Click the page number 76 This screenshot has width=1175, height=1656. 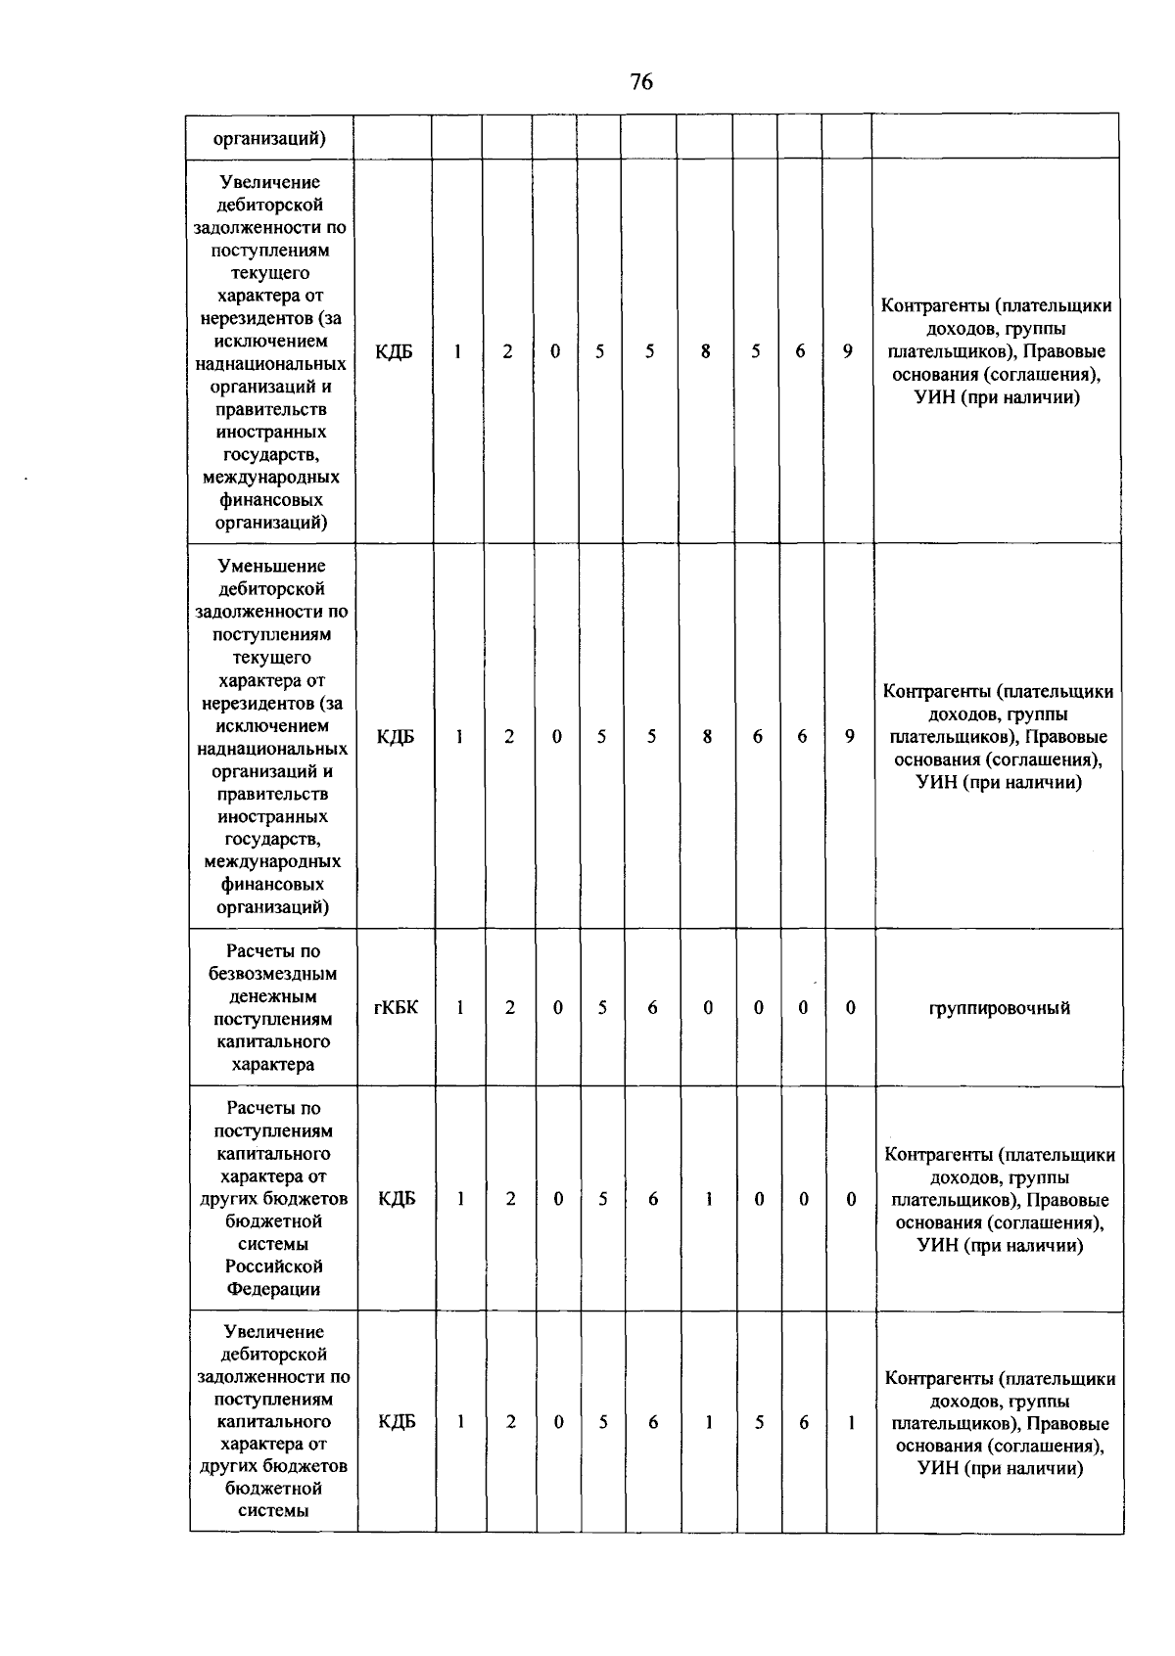(x=641, y=82)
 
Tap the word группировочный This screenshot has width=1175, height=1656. (x=999, y=1008)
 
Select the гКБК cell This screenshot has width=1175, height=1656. (x=396, y=1007)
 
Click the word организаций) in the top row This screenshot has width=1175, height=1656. (x=270, y=138)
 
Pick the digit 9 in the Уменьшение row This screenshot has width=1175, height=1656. (x=850, y=736)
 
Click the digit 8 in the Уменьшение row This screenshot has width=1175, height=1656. (x=707, y=736)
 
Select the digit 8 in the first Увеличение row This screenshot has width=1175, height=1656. (x=705, y=351)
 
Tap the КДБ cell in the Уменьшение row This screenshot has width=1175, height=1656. (x=396, y=736)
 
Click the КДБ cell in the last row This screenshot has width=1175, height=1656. (x=397, y=1422)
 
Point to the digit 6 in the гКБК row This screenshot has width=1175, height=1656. (x=652, y=1007)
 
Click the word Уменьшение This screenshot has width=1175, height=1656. (x=272, y=566)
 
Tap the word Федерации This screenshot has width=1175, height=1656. (x=273, y=1289)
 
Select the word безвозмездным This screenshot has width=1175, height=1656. (x=273, y=974)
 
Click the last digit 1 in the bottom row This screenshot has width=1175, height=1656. (x=852, y=1422)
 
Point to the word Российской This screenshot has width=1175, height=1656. (x=273, y=1266)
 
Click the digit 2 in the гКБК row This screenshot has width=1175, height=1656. (x=510, y=1007)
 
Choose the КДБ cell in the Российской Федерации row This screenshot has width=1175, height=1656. (x=397, y=1199)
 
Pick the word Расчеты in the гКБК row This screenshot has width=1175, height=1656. (x=273, y=951)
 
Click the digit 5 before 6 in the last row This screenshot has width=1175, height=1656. (x=759, y=1422)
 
